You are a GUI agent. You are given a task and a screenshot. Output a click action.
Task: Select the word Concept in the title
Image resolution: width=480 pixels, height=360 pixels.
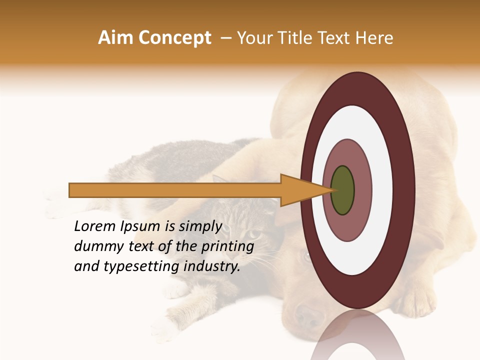(174, 38)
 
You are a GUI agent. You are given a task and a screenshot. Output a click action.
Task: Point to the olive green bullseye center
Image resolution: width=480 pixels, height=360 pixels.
(342, 190)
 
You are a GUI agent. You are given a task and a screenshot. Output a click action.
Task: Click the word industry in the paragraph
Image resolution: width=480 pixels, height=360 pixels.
(212, 267)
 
